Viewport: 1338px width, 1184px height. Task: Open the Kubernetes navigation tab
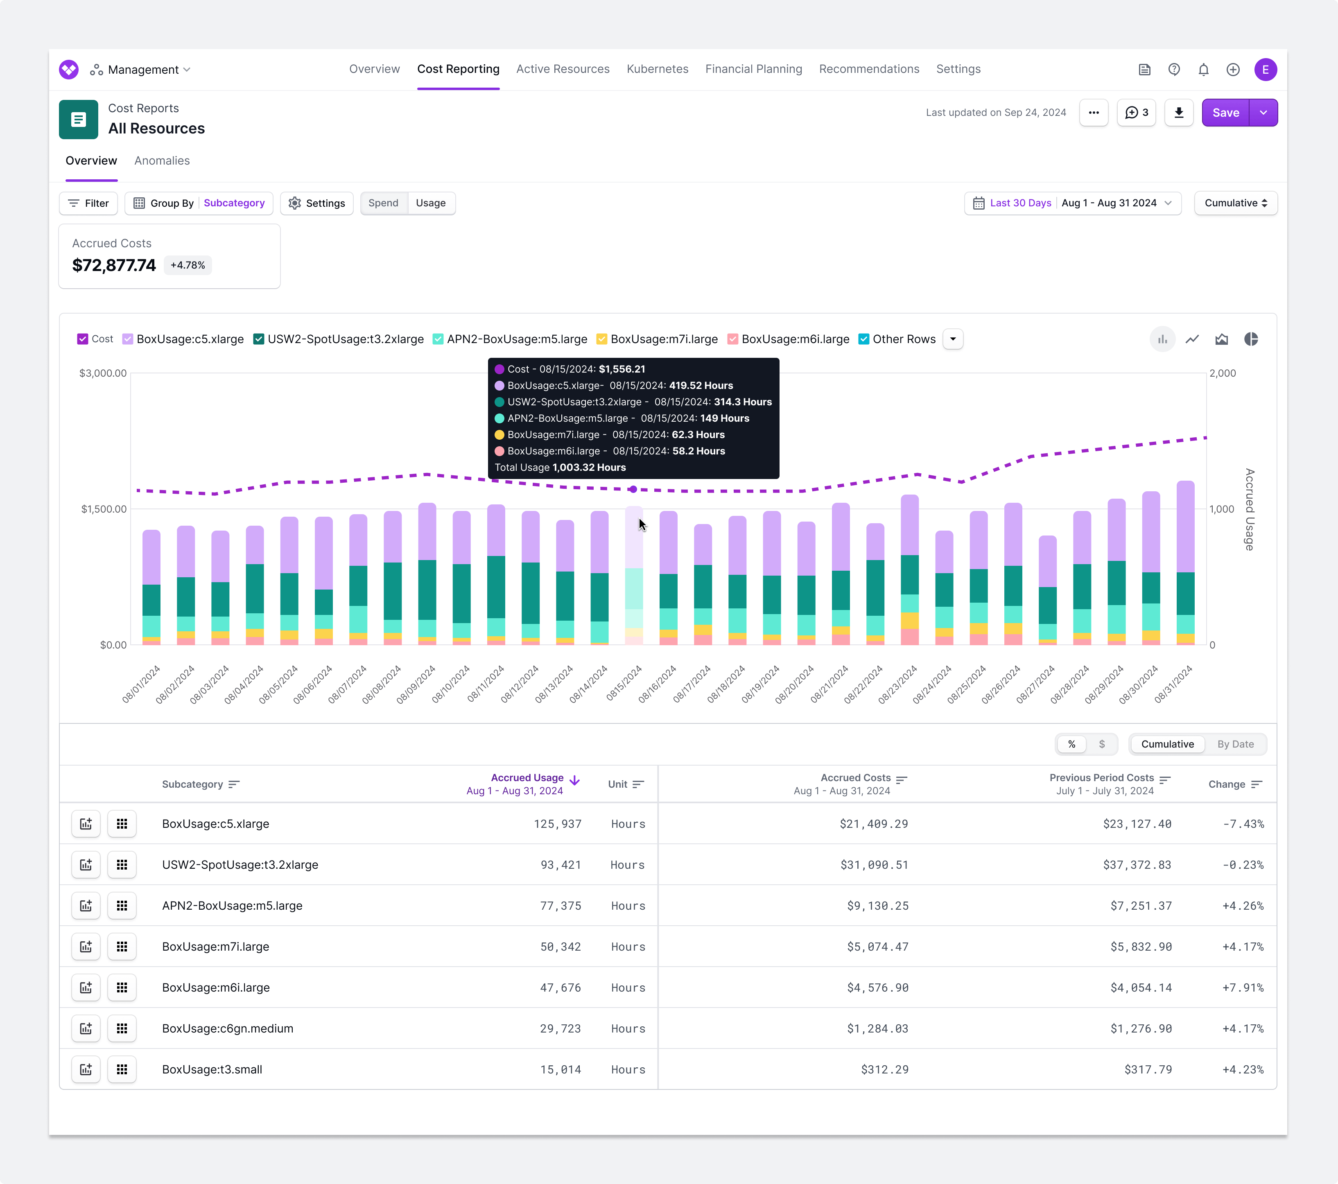(657, 69)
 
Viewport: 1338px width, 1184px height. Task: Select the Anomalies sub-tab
(162, 160)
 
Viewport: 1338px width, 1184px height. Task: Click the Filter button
(88, 203)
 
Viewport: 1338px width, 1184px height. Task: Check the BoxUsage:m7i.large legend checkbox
(601, 339)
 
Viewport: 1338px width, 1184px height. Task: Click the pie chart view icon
(1250, 339)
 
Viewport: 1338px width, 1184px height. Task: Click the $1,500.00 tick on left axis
(104, 509)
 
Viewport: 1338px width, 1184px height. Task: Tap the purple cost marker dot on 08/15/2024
(633, 489)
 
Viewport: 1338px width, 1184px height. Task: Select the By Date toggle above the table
(1235, 744)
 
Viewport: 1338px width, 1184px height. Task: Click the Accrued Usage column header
(527, 777)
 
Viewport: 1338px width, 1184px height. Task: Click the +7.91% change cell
(1243, 987)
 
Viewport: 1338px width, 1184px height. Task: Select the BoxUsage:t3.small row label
(212, 1069)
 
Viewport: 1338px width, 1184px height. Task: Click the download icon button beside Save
(1178, 113)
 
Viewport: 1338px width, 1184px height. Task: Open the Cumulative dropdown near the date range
(1235, 203)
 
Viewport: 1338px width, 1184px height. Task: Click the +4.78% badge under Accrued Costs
(188, 265)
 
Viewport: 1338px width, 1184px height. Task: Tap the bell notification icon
(1203, 69)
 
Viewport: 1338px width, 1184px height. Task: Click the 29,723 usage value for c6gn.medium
(561, 1028)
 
